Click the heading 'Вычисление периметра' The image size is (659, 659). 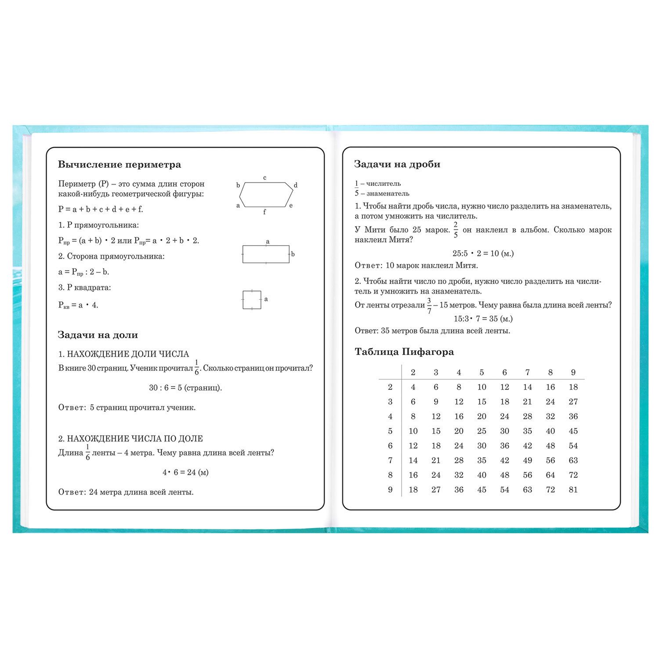[x=119, y=165]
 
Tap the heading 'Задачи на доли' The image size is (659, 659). [x=98, y=335]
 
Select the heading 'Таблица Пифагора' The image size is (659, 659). [x=404, y=352]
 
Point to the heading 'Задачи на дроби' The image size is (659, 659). [x=397, y=164]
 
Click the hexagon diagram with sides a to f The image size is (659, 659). [x=266, y=195]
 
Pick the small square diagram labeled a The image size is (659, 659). [x=252, y=300]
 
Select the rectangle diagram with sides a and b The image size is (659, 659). [x=266, y=254]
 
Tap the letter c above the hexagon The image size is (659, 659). [x=264, y=178]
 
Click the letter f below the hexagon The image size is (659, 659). [x=264, y=212]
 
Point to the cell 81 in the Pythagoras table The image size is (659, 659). [x=573, y=490]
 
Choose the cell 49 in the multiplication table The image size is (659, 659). [x=527, y=460]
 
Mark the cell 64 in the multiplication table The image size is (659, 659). [x=550, y=475]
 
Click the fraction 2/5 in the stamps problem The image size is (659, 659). [x=456, y=230]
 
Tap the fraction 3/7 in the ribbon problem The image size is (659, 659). [x=429, y=305]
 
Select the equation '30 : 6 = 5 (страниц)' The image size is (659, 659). [x=185, y=388]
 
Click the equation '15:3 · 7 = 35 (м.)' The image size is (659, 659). [x=483, y=319]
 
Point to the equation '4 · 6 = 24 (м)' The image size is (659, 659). [x=185, y=473]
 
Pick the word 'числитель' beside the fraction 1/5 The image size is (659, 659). [x=384, y=184]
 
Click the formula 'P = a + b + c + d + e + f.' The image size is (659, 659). [x=101, y=210]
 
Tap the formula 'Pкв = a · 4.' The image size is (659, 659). [x=78, y=305]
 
